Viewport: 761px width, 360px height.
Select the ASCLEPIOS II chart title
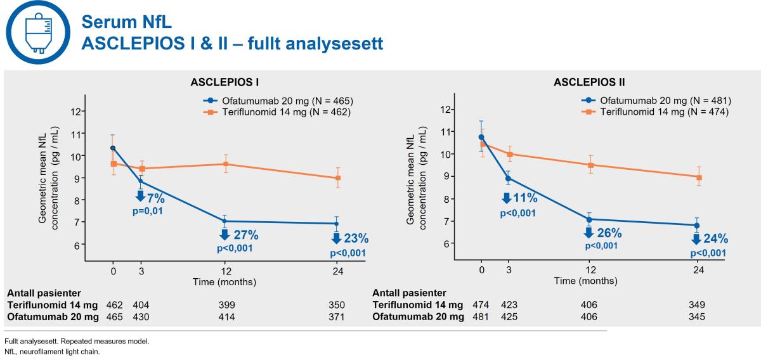pyautogui.click(x=588, y=82)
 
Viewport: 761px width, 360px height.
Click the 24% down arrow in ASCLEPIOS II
pyautogui.click(x=696, y=239)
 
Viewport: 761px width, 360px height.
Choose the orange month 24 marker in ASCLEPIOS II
pyautogui.click(x=699, y=177)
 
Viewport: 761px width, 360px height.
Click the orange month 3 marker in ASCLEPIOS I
pyautogui.click(x=141, y=169)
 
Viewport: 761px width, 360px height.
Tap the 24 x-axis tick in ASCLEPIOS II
pyautogui.click(x=699, y=271)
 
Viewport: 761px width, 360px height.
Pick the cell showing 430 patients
pyautogui.click(x=141, y=317)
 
